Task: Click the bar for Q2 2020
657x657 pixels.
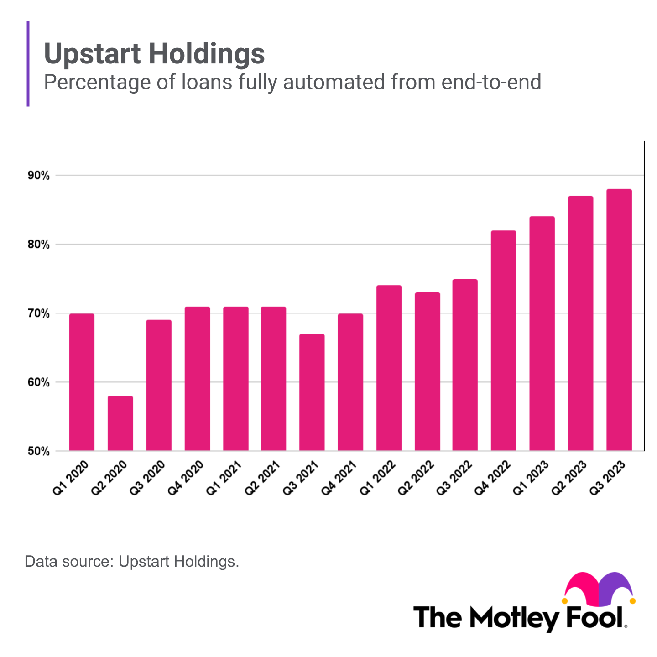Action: click(x=120, y=423)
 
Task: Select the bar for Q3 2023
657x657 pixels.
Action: click(x=619, y=320)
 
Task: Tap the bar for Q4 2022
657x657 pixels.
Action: click(x=504, y=341)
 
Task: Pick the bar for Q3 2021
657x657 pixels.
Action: click(x=312, y=392)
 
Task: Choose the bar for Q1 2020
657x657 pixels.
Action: click(x=82, y=382)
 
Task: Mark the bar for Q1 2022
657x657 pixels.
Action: click(x=389, y=368)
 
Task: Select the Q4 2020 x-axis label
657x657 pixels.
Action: click(x=186, y=478)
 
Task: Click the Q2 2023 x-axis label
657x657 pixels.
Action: click(x=569, y=478)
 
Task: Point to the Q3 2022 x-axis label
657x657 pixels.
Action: click(x=454, y=478)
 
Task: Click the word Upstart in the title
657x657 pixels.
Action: click(x=92, y=54)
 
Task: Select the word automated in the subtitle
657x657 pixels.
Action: click(x=334, y=82)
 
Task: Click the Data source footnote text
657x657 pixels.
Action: click(x=132, y=561)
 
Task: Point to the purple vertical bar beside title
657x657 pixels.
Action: click(x=28, y=63)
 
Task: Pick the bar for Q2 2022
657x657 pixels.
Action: click(x=428, y=371)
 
